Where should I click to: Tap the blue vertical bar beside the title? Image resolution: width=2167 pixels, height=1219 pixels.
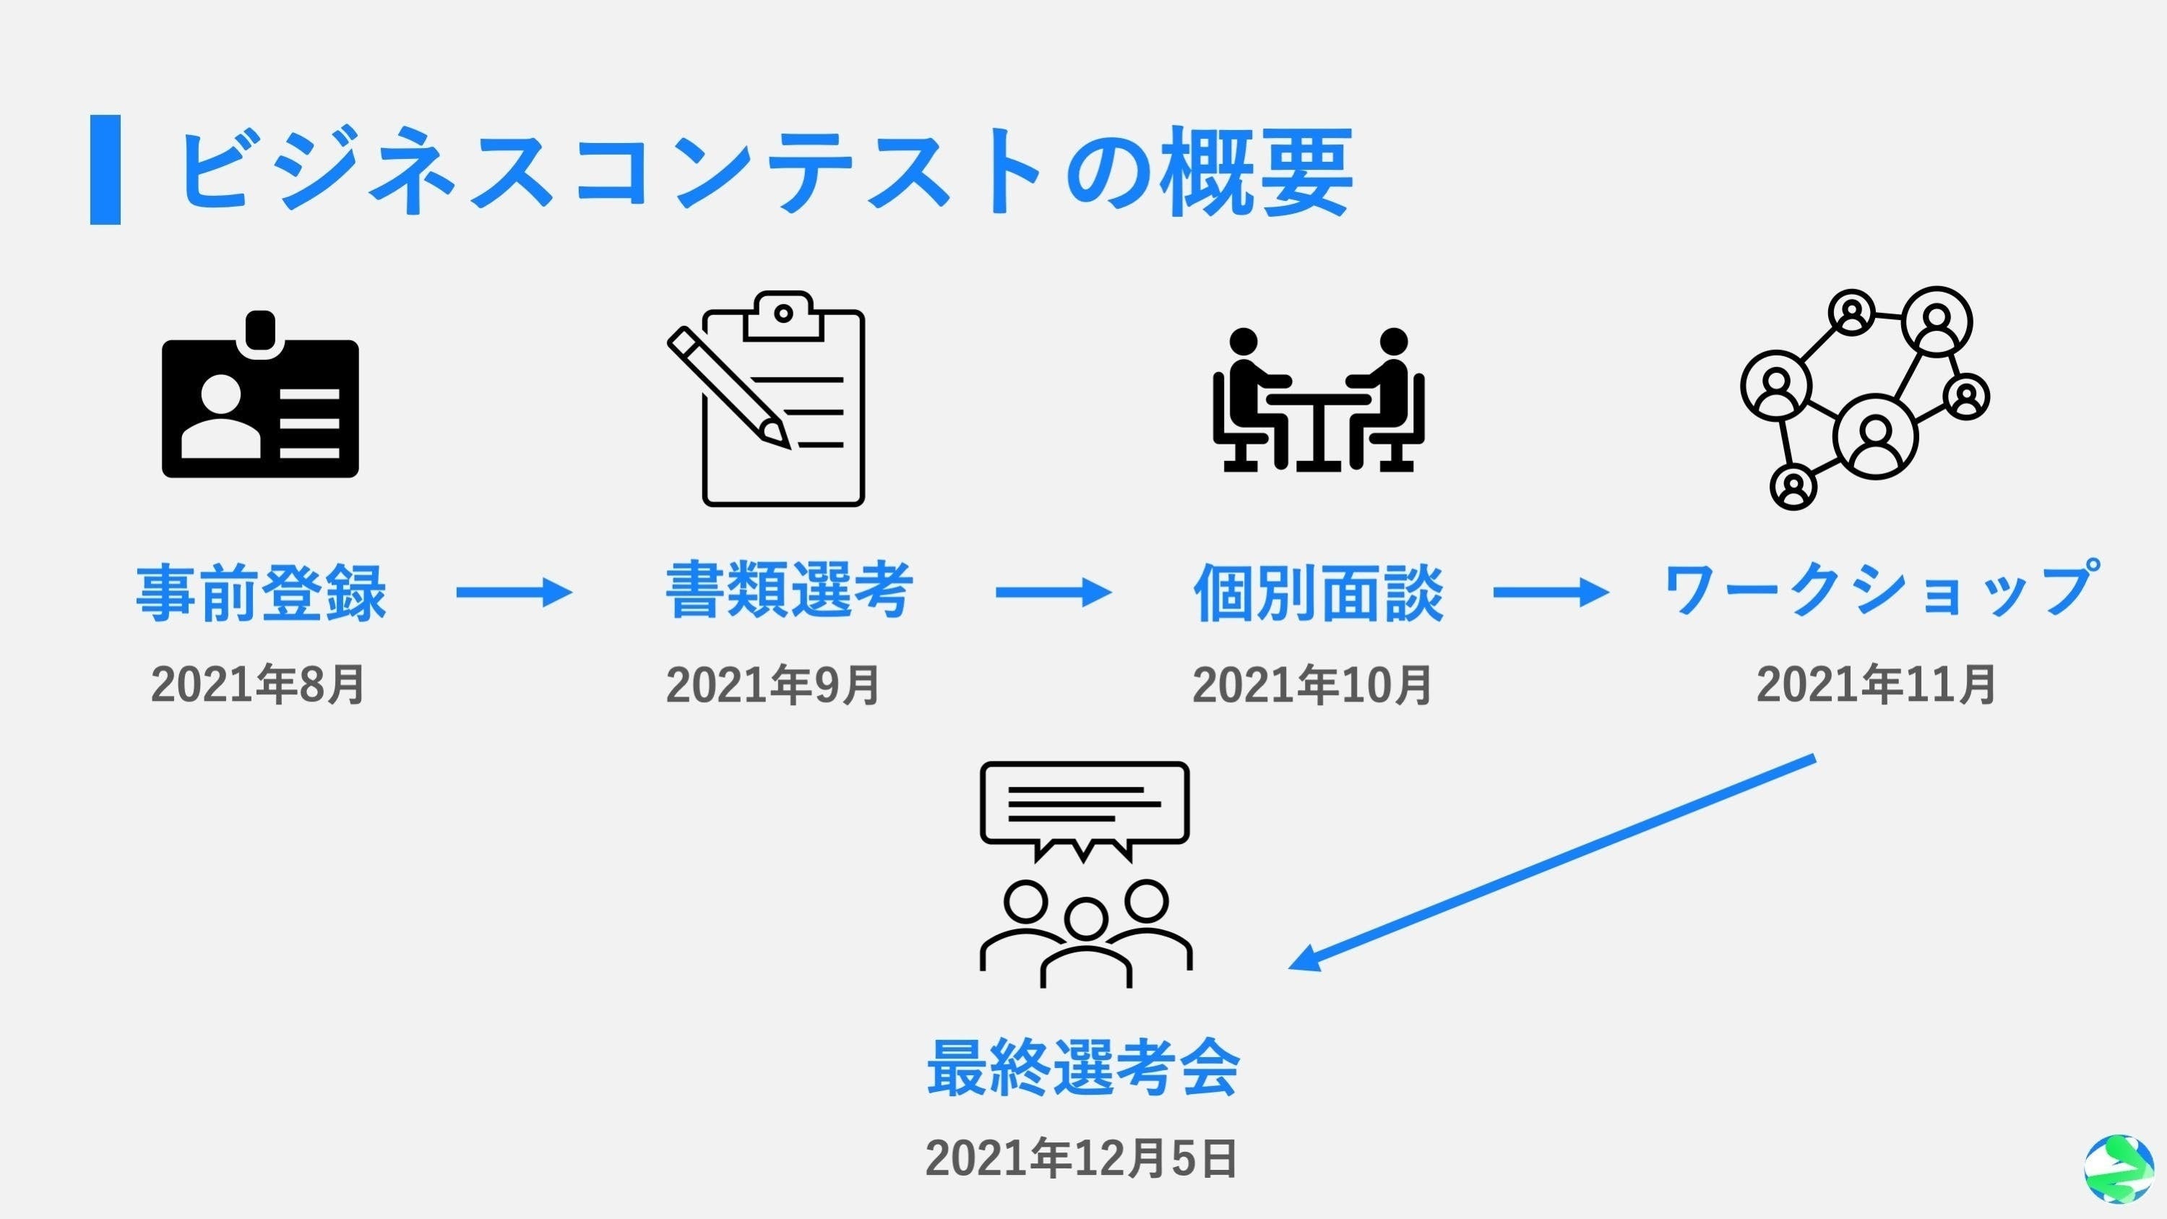105,170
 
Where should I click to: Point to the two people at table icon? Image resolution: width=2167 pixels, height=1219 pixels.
1318,400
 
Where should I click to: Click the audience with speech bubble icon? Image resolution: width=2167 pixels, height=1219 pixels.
1085,875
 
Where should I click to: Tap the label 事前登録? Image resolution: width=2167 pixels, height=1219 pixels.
261,593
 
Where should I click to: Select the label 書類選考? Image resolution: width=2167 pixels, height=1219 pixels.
789,590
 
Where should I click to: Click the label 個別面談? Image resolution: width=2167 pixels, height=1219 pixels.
1318,593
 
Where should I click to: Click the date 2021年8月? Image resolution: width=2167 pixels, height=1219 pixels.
257,685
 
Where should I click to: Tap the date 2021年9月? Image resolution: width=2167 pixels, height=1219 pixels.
772,685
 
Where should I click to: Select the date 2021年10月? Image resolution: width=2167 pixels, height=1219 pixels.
1311,685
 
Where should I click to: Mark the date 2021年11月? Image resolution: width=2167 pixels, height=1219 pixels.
1875,685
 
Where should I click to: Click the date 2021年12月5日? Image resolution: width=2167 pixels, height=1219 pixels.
1081,1159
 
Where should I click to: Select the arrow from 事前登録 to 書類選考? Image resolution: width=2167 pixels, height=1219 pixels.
514,593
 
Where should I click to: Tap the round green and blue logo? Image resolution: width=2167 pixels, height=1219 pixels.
2118,1168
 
